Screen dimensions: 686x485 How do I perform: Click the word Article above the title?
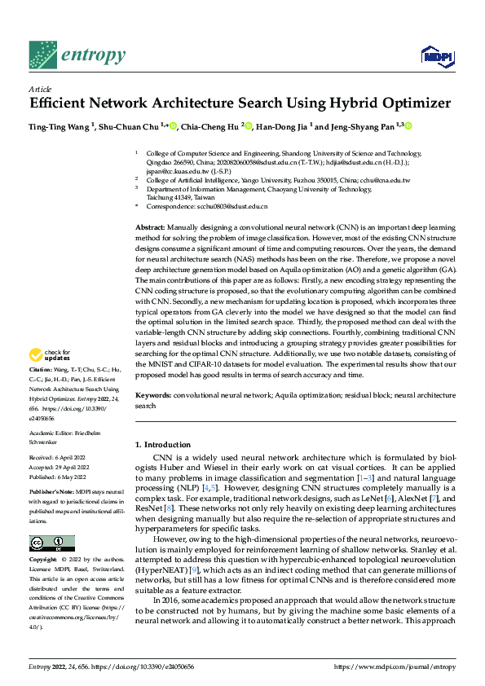[40, 90]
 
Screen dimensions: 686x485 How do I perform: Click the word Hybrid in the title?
[347, 103]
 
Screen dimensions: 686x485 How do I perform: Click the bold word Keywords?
[152, 395]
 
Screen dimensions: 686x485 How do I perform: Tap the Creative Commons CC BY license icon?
[51, 521]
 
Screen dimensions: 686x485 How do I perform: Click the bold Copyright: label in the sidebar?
[43, 537]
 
